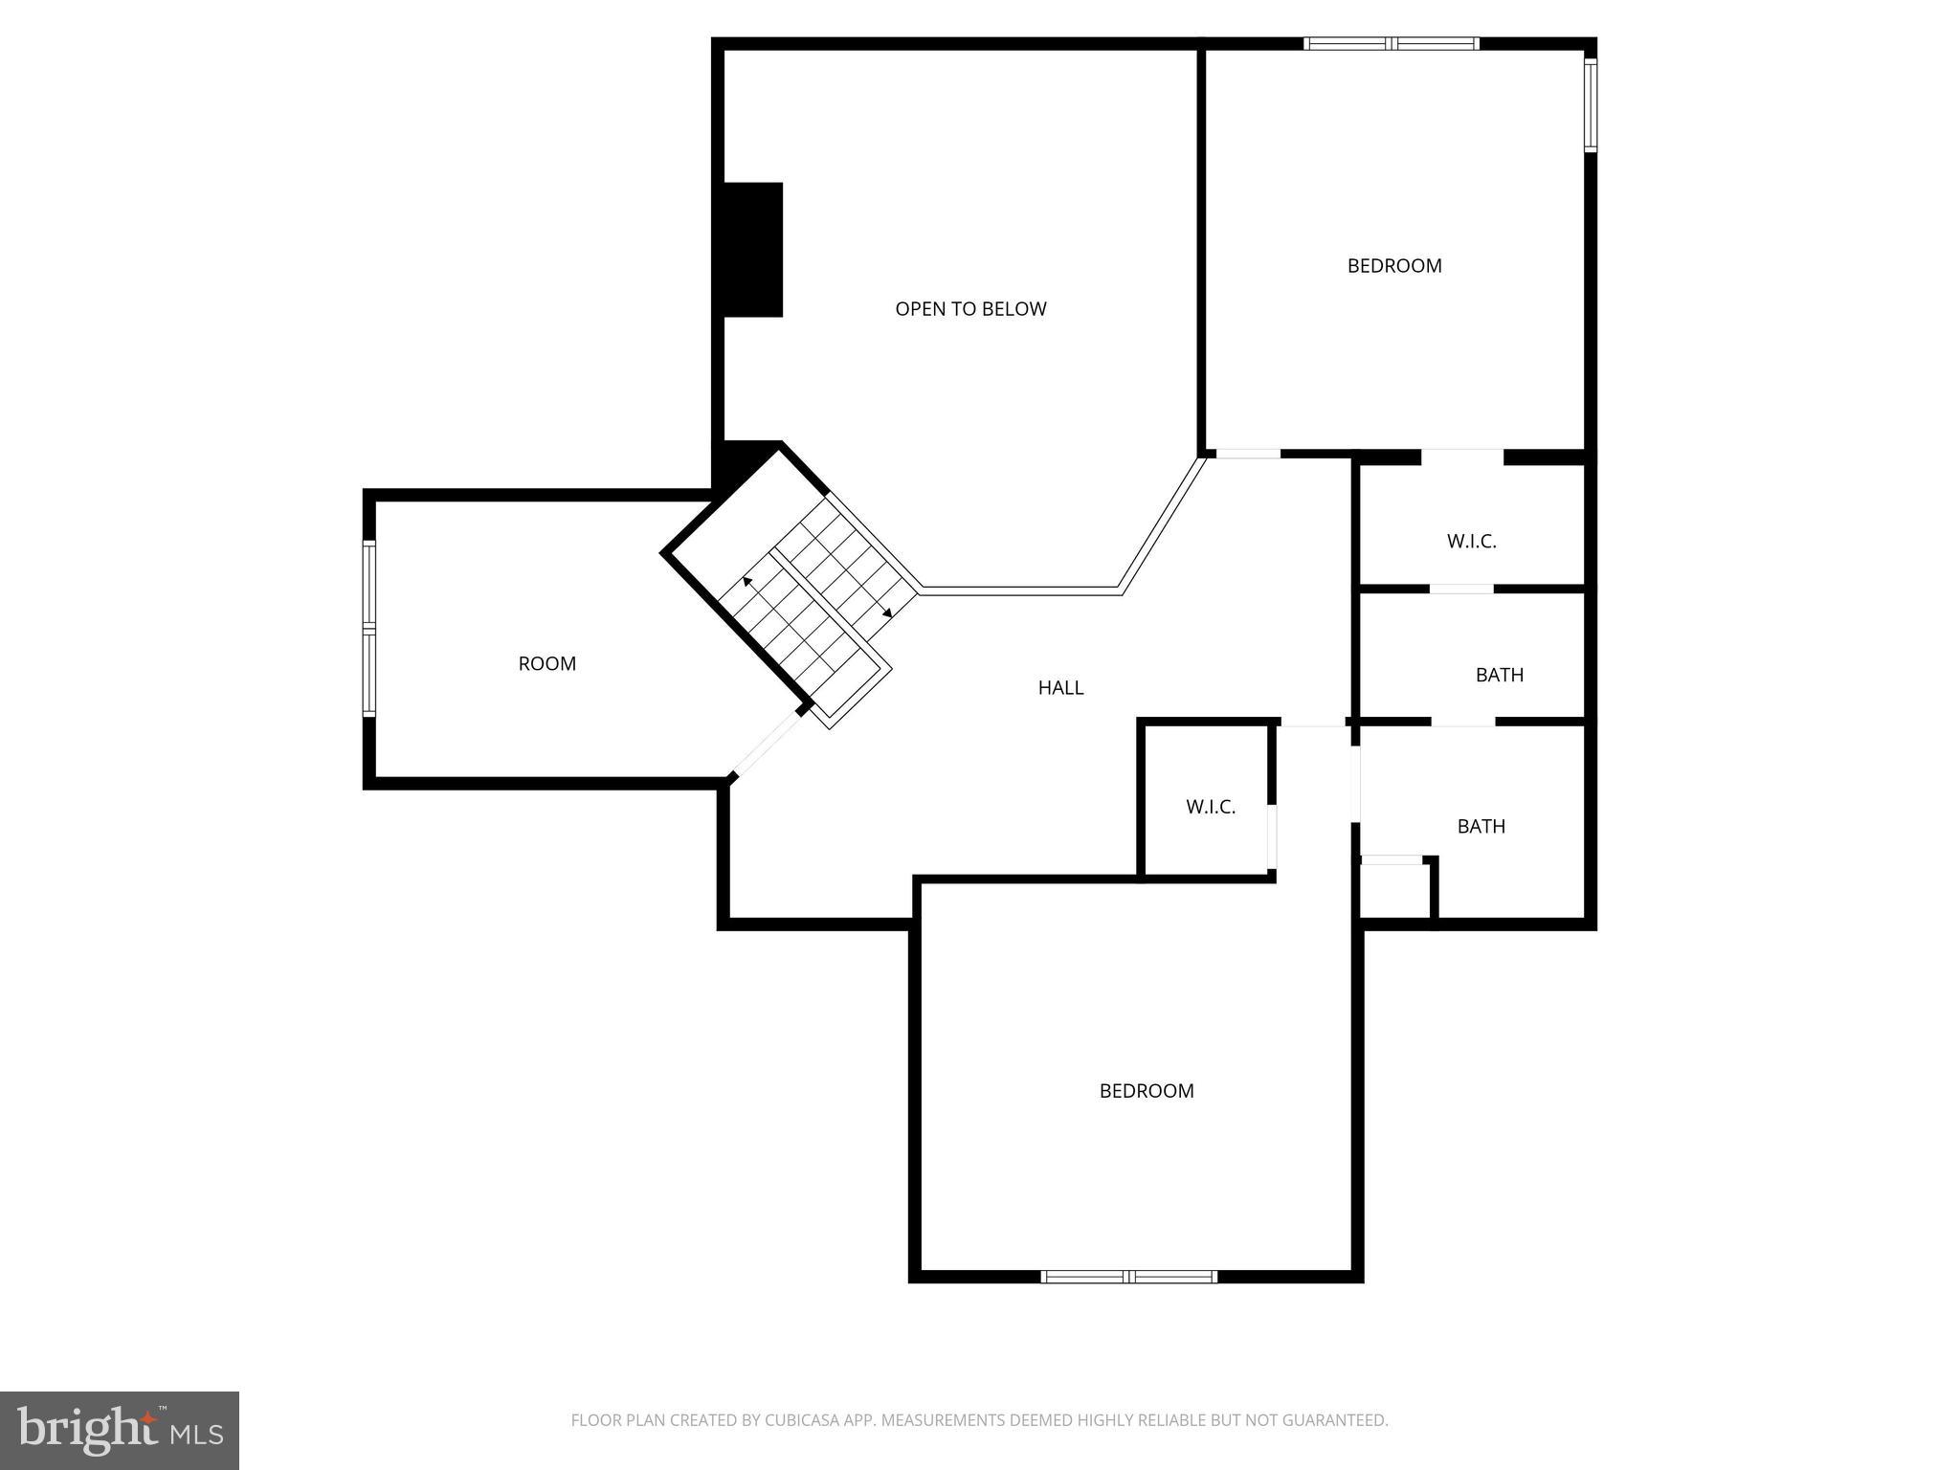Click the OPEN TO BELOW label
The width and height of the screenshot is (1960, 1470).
[x=970, y=309]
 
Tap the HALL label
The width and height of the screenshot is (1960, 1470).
[x=1060, y=687]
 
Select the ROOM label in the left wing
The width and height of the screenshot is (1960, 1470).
[x=546, y=663]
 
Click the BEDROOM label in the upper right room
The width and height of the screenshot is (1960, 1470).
[x=1393, y=266]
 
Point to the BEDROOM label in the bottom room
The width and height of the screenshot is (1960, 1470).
[x=1146, y=1091]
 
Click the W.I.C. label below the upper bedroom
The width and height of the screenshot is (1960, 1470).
[x=1471, y=542]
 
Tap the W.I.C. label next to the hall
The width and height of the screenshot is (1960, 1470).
[x=1211, y=807]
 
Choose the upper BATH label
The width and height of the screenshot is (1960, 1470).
[x=1499, y=675]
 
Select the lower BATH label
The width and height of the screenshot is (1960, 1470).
[x=1481, y=826]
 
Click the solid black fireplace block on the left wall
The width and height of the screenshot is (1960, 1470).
[x=753, y=250]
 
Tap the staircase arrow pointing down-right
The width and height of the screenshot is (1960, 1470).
[x=887, y=612]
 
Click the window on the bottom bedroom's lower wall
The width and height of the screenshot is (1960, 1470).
[x=1129, y=1276]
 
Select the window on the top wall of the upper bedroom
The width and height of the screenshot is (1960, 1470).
[x=1392, y=44]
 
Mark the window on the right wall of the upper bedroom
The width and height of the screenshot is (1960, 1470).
[x=1590, y=105]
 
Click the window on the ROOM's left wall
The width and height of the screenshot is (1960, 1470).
[x=369, y=629]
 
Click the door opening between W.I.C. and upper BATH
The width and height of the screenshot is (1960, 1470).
[x=1461, y=589]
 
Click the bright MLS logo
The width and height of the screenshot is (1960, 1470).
[x=120, y=1430]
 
